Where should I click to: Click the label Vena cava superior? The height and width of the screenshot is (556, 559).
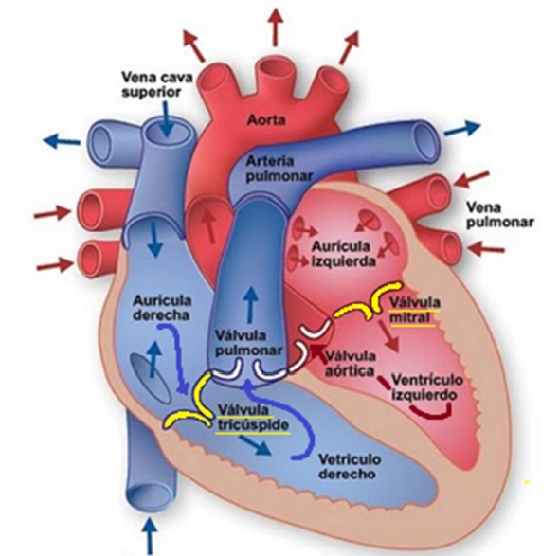[x=157, y=84]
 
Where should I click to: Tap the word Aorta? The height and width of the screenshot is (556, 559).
[x=266, y=120]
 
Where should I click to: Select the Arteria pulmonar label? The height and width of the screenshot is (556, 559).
[x=279, y=169]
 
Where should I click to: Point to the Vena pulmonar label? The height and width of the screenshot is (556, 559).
[x=500, y=215]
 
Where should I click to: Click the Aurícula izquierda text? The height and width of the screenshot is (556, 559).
[x=344, y=254]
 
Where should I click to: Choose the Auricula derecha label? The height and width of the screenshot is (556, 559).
[x=162, y=308]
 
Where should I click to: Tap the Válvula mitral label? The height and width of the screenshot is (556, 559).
[x=415, y=310]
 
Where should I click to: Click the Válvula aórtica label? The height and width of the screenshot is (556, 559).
[x=351, y=364]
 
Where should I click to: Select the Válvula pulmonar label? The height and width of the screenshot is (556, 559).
[x=249, y=343]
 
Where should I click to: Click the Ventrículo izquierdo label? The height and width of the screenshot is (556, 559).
[x=427, y=387]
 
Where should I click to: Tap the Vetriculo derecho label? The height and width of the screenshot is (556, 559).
[x=350, y=466]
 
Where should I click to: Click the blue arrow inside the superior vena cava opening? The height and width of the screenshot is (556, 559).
[x=167, y=118]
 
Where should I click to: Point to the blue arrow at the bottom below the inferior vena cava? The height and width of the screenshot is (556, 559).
[x=151, y=536]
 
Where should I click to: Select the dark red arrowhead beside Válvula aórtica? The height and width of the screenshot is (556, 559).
[x=317, y=350]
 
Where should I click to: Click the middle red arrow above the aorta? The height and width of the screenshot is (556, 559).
[x=275, y=27]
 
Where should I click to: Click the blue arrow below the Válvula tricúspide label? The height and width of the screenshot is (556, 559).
[x=255, y=445]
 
